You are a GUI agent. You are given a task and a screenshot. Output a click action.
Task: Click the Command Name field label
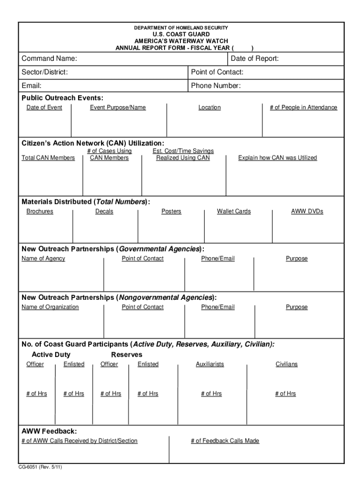click(x=49, y=58)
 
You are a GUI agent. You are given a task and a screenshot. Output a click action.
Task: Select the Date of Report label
click(x=255, y=58)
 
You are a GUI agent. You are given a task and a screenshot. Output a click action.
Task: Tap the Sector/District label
click(x=44, y=72)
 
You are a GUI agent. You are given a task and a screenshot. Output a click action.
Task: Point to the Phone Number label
click(x=216, y=86)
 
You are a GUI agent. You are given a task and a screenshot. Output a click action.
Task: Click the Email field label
click(x=31, y=86)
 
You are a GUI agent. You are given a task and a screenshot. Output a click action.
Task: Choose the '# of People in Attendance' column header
click(x=303, y=108)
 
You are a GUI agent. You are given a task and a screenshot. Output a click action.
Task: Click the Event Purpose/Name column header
click(x=118, y=108)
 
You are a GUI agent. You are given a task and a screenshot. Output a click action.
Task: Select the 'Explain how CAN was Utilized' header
click(x=277, y=158)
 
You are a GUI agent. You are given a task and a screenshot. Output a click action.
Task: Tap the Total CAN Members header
click(x=48, y=158)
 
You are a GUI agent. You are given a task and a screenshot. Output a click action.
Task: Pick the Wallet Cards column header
click(x=234, y=211)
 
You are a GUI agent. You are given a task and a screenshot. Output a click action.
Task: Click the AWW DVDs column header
click(x=307, y=211)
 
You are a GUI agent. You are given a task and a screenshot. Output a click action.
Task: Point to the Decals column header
click(x=104, y=211)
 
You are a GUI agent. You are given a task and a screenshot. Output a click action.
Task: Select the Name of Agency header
click(x=43, y=259)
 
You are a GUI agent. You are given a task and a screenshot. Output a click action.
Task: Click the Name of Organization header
click(x=50, y=307)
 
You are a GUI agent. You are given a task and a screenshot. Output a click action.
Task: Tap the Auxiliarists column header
click(x=210, y=364)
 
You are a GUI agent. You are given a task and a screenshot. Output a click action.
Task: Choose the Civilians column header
click(x=287, y=364)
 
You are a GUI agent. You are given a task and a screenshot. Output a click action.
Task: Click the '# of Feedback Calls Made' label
click(x=225, y=441)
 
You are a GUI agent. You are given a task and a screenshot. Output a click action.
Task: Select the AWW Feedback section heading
click(x=49, y=431)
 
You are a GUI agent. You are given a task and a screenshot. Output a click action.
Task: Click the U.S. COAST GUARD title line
click(x=181, y=35)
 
